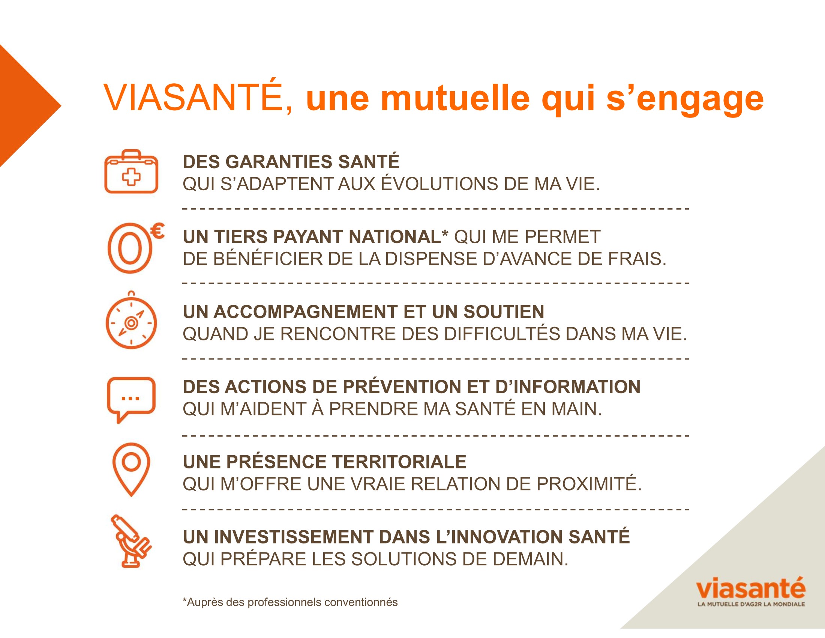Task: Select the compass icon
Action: click(x=131, y=320)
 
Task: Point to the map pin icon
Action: click(x=131, y=469)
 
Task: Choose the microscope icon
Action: click(x=131, y=541)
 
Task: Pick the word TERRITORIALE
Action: click(x=399, y=462)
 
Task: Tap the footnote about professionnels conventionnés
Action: click(x=290, y=602)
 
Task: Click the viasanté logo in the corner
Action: click(x=751, y=591)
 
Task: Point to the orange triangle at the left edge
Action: click(x=22, y=106)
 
